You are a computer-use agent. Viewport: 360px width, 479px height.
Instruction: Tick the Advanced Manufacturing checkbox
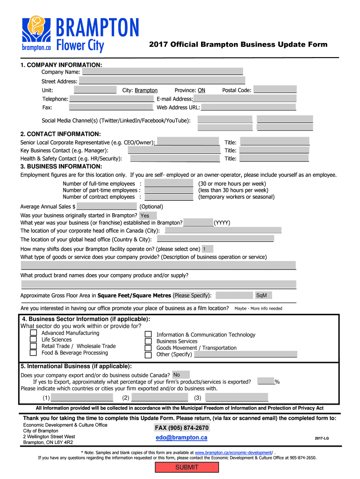33,333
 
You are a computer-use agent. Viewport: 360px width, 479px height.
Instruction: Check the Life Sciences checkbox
33,340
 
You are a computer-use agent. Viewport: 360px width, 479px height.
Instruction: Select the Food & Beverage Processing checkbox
33,353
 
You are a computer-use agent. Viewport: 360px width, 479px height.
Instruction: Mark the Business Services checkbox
148,341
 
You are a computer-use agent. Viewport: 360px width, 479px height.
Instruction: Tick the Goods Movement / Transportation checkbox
148,348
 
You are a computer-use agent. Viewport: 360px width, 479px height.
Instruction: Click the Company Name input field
162,72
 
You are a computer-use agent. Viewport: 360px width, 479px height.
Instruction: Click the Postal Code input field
275,90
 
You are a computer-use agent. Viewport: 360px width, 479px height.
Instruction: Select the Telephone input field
111,99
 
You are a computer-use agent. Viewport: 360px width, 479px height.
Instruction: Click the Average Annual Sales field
107,206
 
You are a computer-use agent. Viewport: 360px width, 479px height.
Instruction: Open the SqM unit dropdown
263,296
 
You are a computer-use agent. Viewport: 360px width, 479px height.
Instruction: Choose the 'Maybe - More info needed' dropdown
258,308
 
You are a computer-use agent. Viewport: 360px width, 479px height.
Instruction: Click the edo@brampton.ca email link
181,438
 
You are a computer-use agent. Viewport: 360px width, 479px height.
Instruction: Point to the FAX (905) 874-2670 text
181,428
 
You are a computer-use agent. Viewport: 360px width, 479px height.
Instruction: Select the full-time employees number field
168,184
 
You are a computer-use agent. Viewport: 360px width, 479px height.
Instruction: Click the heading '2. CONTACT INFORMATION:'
61,134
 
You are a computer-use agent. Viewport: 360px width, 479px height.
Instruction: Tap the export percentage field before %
266,382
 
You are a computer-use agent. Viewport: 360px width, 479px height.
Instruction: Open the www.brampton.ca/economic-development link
234,453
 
